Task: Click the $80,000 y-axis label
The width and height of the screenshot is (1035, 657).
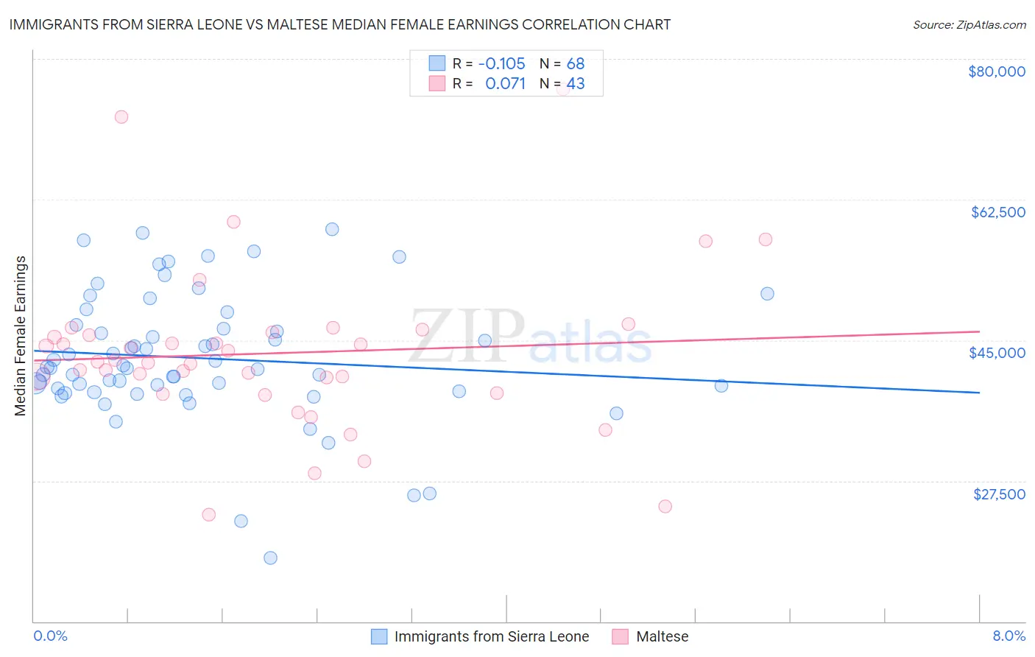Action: point(996,71)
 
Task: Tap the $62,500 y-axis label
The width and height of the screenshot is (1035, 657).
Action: point(997,212)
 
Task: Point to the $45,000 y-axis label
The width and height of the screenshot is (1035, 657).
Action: point(997,353)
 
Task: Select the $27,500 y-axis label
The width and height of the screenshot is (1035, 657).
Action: point(999,494)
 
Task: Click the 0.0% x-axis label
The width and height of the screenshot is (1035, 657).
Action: point(50,636)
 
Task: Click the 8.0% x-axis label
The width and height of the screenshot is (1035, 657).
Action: point(1008,636)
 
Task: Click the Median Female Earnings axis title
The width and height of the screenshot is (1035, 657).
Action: point(21,336)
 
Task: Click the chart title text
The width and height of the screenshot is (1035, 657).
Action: point(339,24)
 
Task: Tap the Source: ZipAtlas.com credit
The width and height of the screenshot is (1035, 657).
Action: point(969,25)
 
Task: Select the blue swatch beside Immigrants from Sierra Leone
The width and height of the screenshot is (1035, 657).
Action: point(379,636)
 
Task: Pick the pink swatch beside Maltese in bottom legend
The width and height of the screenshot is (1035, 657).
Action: point(621,636)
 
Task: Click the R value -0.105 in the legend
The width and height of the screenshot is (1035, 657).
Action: point(501,64)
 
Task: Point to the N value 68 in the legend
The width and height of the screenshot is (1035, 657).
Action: point(576,64)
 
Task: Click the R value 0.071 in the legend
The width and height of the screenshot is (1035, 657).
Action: point(505,84)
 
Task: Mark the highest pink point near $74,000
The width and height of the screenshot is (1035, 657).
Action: point(121,117)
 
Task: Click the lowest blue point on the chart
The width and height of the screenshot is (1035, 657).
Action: point(270,558)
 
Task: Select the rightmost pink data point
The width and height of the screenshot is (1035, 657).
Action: point(766,239)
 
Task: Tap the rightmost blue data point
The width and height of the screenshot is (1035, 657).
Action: point(767,294)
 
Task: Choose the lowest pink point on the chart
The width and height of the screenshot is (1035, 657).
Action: point(208,515)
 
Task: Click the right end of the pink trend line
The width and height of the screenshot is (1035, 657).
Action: point(979,331)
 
